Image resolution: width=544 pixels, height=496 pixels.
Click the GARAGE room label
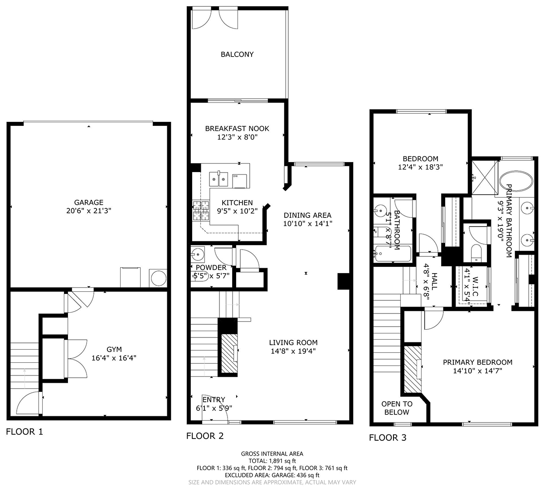pos(89,202)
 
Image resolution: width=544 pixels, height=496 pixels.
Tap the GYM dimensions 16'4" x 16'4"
pos(114,358)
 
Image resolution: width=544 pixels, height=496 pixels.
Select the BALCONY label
pos(237,54)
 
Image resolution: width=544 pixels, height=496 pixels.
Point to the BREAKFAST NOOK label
pos(237,129)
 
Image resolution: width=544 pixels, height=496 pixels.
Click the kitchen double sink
pos(219,179)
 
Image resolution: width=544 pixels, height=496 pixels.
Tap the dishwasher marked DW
pos(240,181)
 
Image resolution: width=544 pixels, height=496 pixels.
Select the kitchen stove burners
pos(201,211)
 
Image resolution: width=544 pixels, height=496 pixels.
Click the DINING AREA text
pos(307,215)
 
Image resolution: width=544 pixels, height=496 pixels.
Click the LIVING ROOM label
pos(293,342)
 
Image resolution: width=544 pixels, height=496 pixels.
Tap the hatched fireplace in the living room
pos(229,353)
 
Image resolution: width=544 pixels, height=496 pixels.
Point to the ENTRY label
pos(214,400)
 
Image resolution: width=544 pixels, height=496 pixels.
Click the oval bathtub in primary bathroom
pos(516,181)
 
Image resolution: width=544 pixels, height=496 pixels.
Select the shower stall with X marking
pos(485,178)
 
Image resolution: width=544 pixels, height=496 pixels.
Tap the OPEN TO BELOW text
pos(397,408)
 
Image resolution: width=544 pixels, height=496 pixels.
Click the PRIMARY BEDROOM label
pos(477,362)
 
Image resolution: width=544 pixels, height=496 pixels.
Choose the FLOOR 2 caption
pos(205,436)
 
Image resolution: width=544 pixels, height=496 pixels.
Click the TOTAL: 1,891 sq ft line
pos(272,461)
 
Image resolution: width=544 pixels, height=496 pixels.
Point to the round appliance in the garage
pos(159,278)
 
